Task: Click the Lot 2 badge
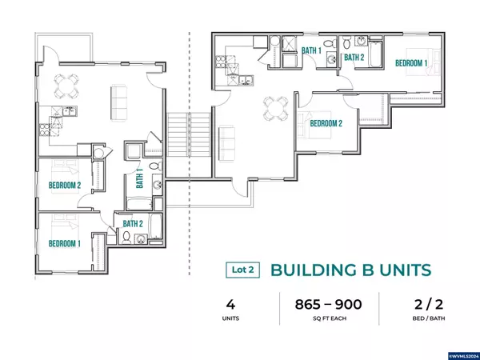[242, 270]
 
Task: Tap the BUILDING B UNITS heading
[351, 270]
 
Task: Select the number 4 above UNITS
[230, 305]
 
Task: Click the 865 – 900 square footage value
[329, 305]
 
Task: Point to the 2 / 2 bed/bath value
[429, 305]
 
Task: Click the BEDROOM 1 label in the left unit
[65, 244]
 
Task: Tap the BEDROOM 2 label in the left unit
[65, 186]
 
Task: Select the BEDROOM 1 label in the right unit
[411, 63]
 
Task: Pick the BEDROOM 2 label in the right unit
[326, 123]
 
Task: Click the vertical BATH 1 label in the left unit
[139, 178]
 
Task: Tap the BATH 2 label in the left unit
[133, 224]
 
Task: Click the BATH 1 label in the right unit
[312, 50]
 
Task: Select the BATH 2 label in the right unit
[354, 58]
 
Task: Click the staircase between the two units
[189, 134]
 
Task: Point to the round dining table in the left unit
[66, 86]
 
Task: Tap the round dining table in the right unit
[276, 108]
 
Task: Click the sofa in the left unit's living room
[118, 102]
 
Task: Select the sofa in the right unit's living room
[227, 143]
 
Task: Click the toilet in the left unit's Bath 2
[126, 238]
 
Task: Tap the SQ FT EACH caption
[330, 318]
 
